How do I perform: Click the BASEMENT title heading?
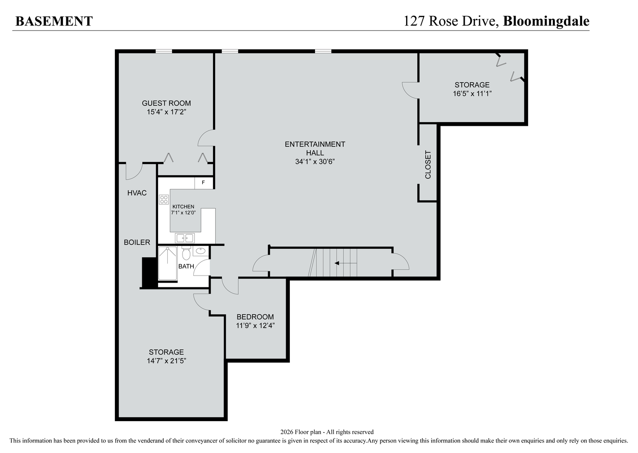54,21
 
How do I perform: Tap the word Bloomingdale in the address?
546,21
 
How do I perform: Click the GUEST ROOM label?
166,103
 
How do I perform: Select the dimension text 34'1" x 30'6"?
315,161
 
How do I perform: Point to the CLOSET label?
428,164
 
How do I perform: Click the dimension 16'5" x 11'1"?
472,94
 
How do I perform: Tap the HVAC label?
137,193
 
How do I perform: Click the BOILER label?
137,242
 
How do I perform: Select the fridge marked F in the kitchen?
203,183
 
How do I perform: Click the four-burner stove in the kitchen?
164,200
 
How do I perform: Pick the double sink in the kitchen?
185,238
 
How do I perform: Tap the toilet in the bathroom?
186,254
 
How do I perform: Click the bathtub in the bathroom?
167,263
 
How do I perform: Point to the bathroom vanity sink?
201,252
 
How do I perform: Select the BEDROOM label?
255,317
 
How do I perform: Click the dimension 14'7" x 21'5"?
166,361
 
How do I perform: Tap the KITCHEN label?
183,207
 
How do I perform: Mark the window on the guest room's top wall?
164,51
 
